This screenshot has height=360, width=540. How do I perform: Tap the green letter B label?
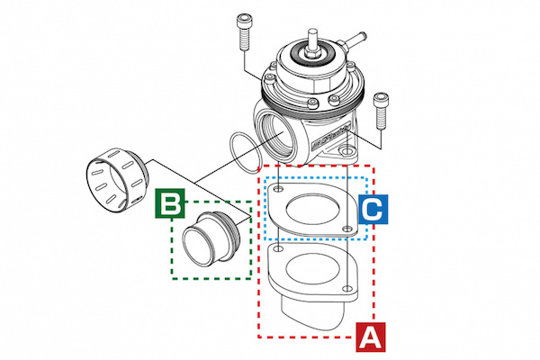pos(169,203)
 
